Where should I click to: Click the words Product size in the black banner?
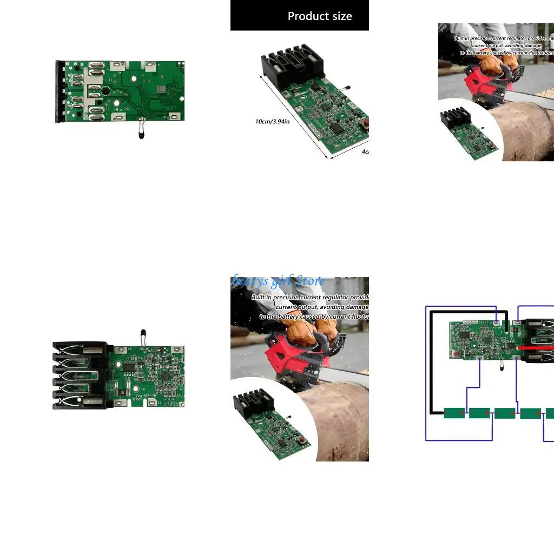coord(319,16)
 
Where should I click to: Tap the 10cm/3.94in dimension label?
coord(272,121)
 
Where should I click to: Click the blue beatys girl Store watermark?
coord(279,281)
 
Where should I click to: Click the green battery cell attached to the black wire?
coord(454,413)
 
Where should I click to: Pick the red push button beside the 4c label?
coord(366,123)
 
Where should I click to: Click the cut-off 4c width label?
coord(365,152)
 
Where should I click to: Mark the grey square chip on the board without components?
coord(161,89)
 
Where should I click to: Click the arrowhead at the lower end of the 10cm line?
coord(328,158)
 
